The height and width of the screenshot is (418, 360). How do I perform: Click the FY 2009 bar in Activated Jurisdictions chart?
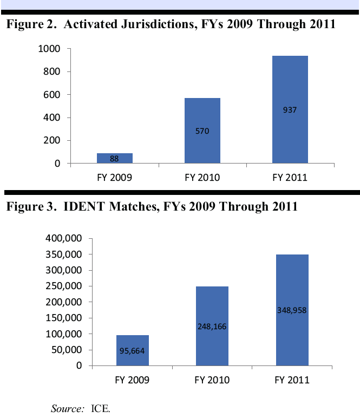[x=115, y=158]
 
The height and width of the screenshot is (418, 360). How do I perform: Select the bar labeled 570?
[x=202, y=130]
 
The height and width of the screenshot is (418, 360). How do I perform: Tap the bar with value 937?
[x=290, y=109]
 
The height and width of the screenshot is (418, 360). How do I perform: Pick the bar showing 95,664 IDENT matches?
[x=132, y=350]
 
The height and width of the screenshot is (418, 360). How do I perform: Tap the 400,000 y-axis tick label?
[x=63, y=238]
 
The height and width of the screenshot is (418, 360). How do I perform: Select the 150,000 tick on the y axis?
[x=63, y=318]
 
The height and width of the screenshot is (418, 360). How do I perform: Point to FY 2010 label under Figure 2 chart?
[x=202, y=177]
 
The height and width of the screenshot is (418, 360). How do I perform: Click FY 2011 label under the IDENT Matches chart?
[x=292, y=380]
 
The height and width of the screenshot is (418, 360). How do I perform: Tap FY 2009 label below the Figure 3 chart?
[x=132, y=380]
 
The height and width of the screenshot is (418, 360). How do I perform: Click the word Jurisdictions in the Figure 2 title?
[x=161, y=24]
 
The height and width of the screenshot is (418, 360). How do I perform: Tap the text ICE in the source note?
[x=101, y=408]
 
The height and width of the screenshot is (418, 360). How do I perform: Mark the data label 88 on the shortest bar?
[x=115, y=159]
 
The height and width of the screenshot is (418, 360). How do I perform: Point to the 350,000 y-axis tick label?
[x=63, y=254]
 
